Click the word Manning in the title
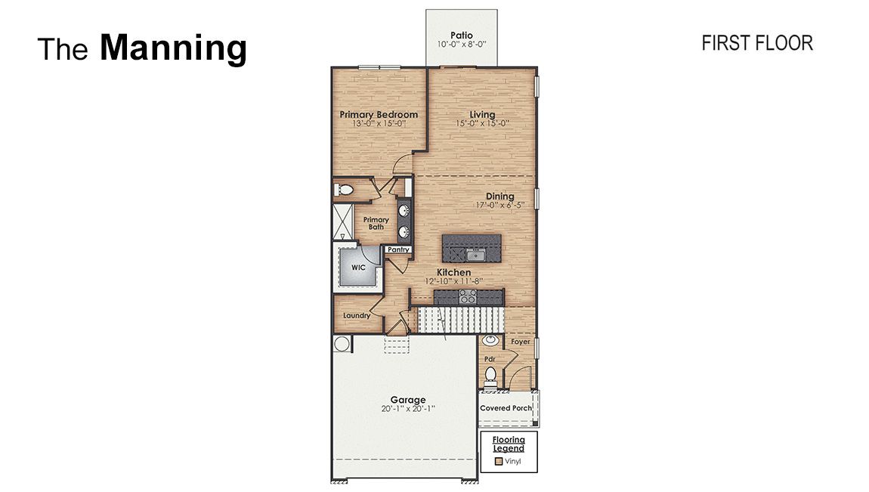[174, 48]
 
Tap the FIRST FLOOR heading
[757, 43]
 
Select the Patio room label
[461, 36]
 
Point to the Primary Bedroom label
[379, 115]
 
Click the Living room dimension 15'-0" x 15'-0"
[482, 123]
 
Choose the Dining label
[500, 196]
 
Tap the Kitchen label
[454, 273]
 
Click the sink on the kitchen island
[475, 255]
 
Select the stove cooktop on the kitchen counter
[468, 296]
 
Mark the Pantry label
[398, 250]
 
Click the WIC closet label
[358, 268]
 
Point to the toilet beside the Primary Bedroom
[344, 190]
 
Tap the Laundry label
[357, 316]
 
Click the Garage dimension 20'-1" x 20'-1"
[408, 409]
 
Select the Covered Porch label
[506, 408]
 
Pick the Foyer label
[521, 342]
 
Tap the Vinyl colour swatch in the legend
[498, 461]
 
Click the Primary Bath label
[376, 223]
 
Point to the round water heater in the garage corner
[342, 344]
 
